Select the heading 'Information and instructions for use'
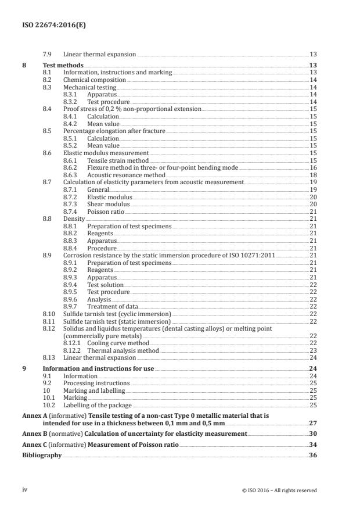coord(99,368)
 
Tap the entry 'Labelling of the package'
coord(98,405)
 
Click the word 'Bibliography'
coord(42,456)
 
